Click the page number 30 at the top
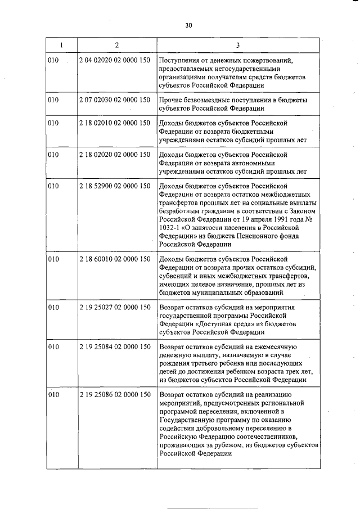188,25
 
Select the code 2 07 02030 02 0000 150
115,100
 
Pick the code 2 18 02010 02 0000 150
115,122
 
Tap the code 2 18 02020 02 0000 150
115,154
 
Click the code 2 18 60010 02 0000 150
115,259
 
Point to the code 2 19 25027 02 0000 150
115,308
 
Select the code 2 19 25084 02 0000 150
115,348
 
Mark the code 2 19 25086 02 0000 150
115,396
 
